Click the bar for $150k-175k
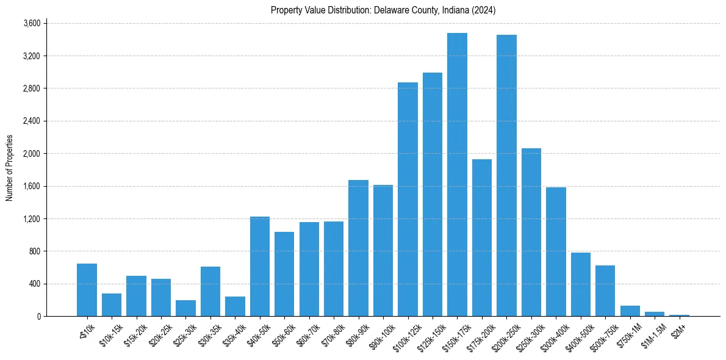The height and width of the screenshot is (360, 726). click(x=457, y=175)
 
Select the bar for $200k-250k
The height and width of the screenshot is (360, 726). click(x=506, y=176)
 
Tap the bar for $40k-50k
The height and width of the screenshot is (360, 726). click(x=260, y=266)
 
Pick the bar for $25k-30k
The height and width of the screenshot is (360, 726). click(x=185, y=308)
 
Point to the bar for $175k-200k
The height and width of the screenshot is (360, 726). click(x=482, y=238)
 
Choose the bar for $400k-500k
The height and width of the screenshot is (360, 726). click(x=581, y=284)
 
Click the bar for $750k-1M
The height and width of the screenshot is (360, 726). click(x=630, y=311)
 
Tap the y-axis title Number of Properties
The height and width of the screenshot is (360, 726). click(x=10, y=168)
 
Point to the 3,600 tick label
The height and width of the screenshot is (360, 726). click(x=32, y=23)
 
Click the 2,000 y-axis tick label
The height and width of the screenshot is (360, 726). click(x=32, y=154)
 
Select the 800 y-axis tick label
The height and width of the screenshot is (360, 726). click(x=34, y=251)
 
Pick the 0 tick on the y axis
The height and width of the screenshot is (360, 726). click(x=38, y=316)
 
